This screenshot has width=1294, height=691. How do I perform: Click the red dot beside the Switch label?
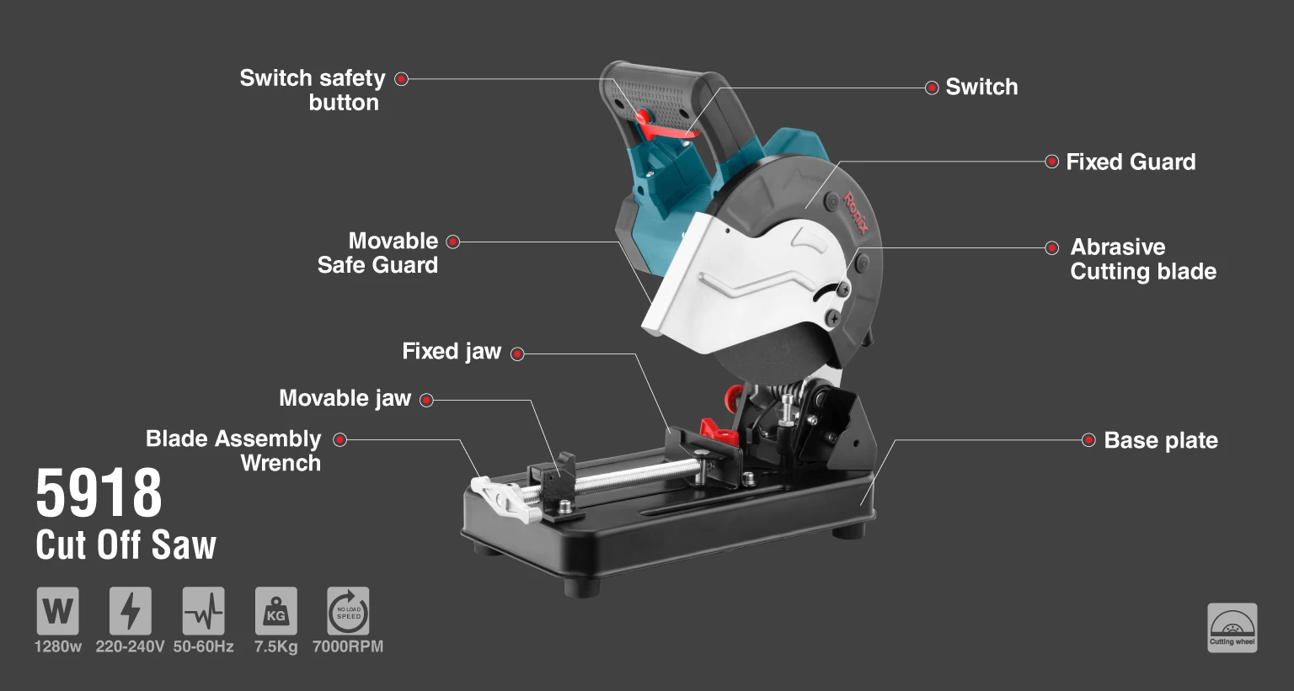[931, 88]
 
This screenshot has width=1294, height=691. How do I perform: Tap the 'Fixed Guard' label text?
[1131, 162]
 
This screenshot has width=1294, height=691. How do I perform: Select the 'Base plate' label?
[1161, 440]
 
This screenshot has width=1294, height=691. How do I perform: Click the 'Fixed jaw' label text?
[452, 351]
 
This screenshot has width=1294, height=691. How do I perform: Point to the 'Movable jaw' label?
[345, 398]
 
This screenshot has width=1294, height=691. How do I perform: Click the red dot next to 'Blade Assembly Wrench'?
[340, 440]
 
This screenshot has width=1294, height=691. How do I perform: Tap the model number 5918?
[99, 492]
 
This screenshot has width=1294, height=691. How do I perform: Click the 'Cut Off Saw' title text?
[126, 545]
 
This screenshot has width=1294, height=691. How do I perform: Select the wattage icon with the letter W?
[58, 611]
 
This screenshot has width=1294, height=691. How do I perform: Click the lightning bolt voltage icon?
[131, 611]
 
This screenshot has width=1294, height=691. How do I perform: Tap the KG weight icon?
[276, 611]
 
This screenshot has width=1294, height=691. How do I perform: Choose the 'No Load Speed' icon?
[348, 611]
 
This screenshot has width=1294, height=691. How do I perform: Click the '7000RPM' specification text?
[348, 646]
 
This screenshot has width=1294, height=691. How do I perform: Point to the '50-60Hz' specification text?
[203, 646]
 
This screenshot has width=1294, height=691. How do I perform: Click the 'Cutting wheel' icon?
[1233, 628]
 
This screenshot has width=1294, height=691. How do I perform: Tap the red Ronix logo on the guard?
[856, 213]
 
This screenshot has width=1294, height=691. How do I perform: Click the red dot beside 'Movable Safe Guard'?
[453, 242]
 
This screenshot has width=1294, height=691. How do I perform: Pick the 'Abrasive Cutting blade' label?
[1143, 259]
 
